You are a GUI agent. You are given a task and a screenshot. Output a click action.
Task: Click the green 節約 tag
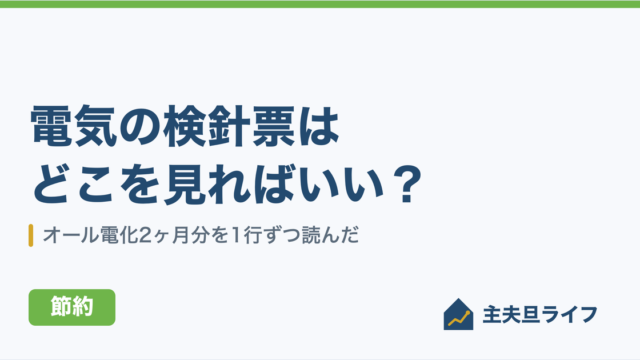pos(72,307)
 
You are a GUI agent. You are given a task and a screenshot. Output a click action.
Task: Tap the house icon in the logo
pos(458,314)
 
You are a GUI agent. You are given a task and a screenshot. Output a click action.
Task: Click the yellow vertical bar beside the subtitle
pos(31,236)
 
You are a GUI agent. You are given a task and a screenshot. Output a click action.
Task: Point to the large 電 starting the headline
pos(52,125)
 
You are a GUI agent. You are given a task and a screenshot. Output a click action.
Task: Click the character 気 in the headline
pos(96,125)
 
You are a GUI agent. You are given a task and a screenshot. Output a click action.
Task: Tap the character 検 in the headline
pos(184,125)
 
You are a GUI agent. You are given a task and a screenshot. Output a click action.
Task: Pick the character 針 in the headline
pos(229,125)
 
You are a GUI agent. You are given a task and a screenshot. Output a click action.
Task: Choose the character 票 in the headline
pos(273,125)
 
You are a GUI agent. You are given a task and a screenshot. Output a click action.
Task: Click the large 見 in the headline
pos(184,184)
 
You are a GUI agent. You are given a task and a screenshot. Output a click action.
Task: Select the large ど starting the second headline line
pos(52,184)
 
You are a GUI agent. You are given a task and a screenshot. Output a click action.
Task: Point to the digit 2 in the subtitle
pos(144,236)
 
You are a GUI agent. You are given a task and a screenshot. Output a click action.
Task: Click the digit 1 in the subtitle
pos(236,236)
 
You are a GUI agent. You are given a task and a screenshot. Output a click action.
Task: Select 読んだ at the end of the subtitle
pos(330,236)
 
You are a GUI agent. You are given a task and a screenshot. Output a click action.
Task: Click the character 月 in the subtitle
pos(181,236)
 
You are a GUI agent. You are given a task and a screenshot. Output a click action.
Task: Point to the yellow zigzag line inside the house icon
pos(459,319)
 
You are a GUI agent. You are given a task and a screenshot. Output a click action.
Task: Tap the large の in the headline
pos(140,125)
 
